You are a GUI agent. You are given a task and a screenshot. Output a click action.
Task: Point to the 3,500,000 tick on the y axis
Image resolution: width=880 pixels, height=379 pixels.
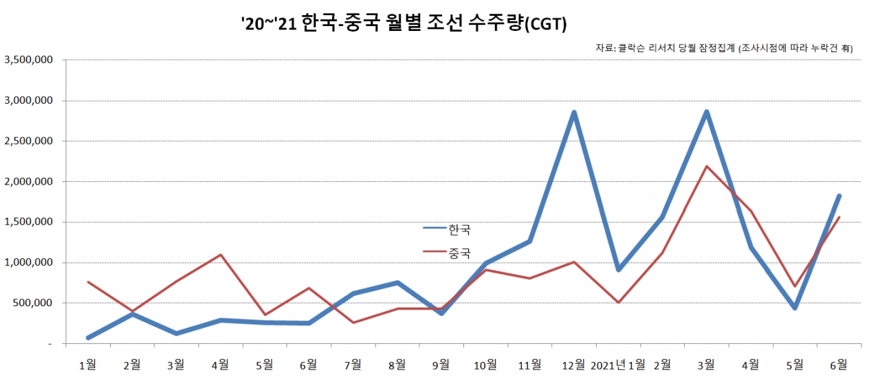pos(30,60)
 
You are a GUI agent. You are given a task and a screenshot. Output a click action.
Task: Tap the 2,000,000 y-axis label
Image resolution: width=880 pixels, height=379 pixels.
pos(30,182)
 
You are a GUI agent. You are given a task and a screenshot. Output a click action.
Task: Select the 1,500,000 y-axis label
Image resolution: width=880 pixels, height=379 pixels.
pos(30,222)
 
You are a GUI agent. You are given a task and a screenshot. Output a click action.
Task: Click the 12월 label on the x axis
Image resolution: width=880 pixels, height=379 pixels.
pos(573,364)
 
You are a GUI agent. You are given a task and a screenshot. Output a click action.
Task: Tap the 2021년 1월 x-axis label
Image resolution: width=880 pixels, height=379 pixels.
pos(618,364)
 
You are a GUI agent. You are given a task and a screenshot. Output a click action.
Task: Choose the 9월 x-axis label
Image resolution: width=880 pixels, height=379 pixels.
pos(441,364)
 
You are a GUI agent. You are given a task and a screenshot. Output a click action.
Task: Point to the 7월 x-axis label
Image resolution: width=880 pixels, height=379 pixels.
pos(353,364)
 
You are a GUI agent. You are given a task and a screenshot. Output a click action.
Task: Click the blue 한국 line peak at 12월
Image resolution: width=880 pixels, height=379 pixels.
pos(574,113)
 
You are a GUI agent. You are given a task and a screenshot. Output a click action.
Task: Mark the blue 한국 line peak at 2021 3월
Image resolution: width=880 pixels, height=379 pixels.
pos(706,112)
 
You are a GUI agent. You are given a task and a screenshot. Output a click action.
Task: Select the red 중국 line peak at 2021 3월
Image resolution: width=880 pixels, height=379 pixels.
pos(706,166)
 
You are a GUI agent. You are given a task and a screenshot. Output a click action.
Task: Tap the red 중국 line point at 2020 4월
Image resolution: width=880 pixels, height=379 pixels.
pos(221,255)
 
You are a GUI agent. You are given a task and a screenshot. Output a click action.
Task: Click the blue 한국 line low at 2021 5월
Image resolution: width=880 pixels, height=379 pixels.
pos(795,308)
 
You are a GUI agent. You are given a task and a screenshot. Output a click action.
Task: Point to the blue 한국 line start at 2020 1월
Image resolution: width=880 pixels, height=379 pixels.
pos(89,338)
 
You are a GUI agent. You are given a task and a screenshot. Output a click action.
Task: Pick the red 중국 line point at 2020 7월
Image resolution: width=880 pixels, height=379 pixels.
pos(353,323)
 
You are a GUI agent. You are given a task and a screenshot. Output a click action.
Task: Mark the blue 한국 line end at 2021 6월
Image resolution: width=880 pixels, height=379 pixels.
pos(839,196)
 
